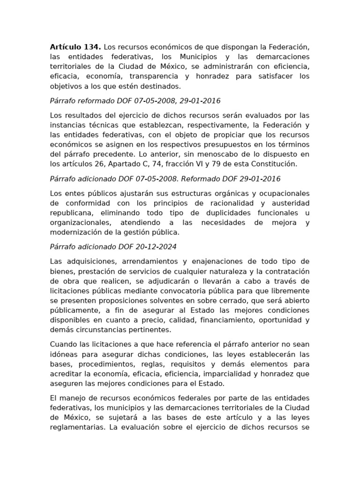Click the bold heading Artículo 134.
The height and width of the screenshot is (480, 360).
75,47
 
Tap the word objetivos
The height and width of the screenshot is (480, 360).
66,86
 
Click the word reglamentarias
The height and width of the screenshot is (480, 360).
78,427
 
